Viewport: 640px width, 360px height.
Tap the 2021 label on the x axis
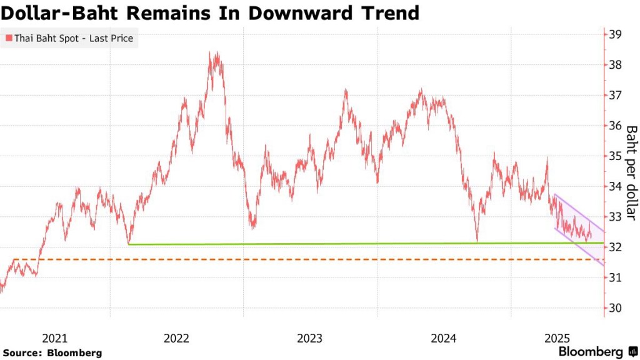coord(54,339)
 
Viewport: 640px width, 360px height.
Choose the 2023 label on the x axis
coord(309,339)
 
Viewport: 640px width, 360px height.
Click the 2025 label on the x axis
coord(556,339)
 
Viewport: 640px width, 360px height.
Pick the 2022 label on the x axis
coord(176,339)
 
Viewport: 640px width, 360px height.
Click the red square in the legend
coord(9,39)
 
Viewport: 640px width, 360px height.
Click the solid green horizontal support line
coord(312,243)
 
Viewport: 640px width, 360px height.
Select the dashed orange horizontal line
coord(312,259)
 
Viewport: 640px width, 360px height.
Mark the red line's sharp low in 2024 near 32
coord(477,241)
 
